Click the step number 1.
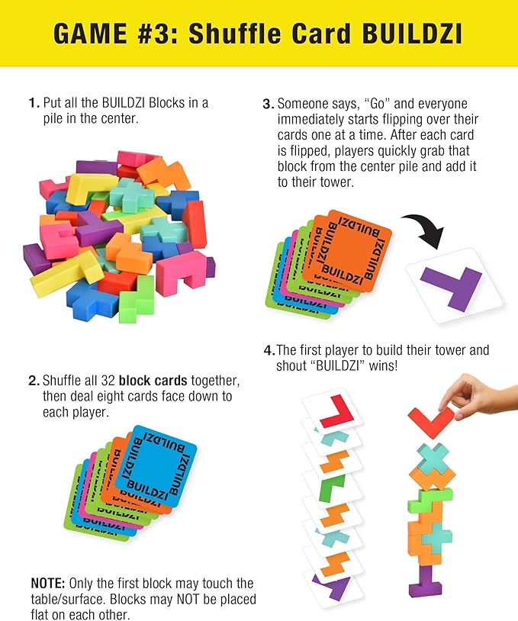[x=33, y=103]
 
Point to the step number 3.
[x=267, y=103]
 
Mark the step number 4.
[x=269, y=351]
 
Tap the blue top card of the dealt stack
[x=156, y=462]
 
